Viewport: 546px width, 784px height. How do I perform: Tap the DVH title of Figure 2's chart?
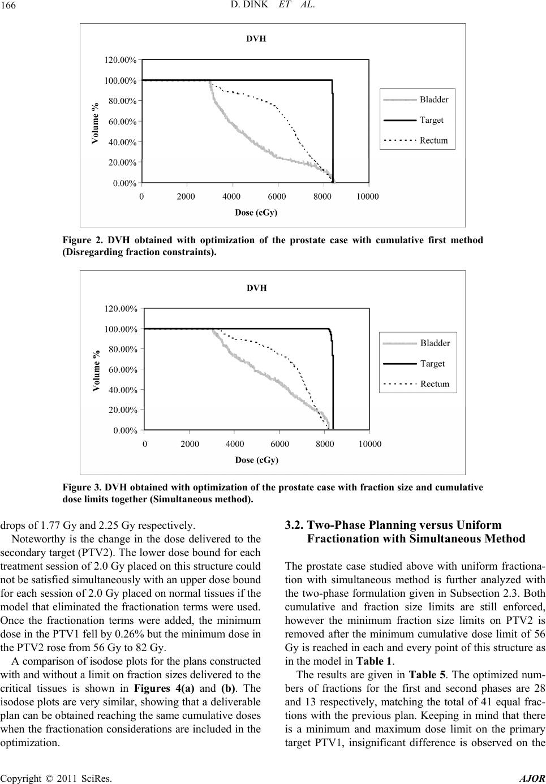[256, 39]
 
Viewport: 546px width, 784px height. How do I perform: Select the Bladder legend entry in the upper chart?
[433, 100]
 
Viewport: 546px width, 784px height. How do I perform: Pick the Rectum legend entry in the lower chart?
[435, 384]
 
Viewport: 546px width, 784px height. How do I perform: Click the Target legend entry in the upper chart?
[431, 120]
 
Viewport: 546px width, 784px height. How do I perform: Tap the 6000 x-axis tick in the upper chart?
[277, 196]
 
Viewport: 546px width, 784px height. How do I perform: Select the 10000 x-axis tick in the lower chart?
[369, 443]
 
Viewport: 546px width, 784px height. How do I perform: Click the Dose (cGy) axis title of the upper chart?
[256, 213]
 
